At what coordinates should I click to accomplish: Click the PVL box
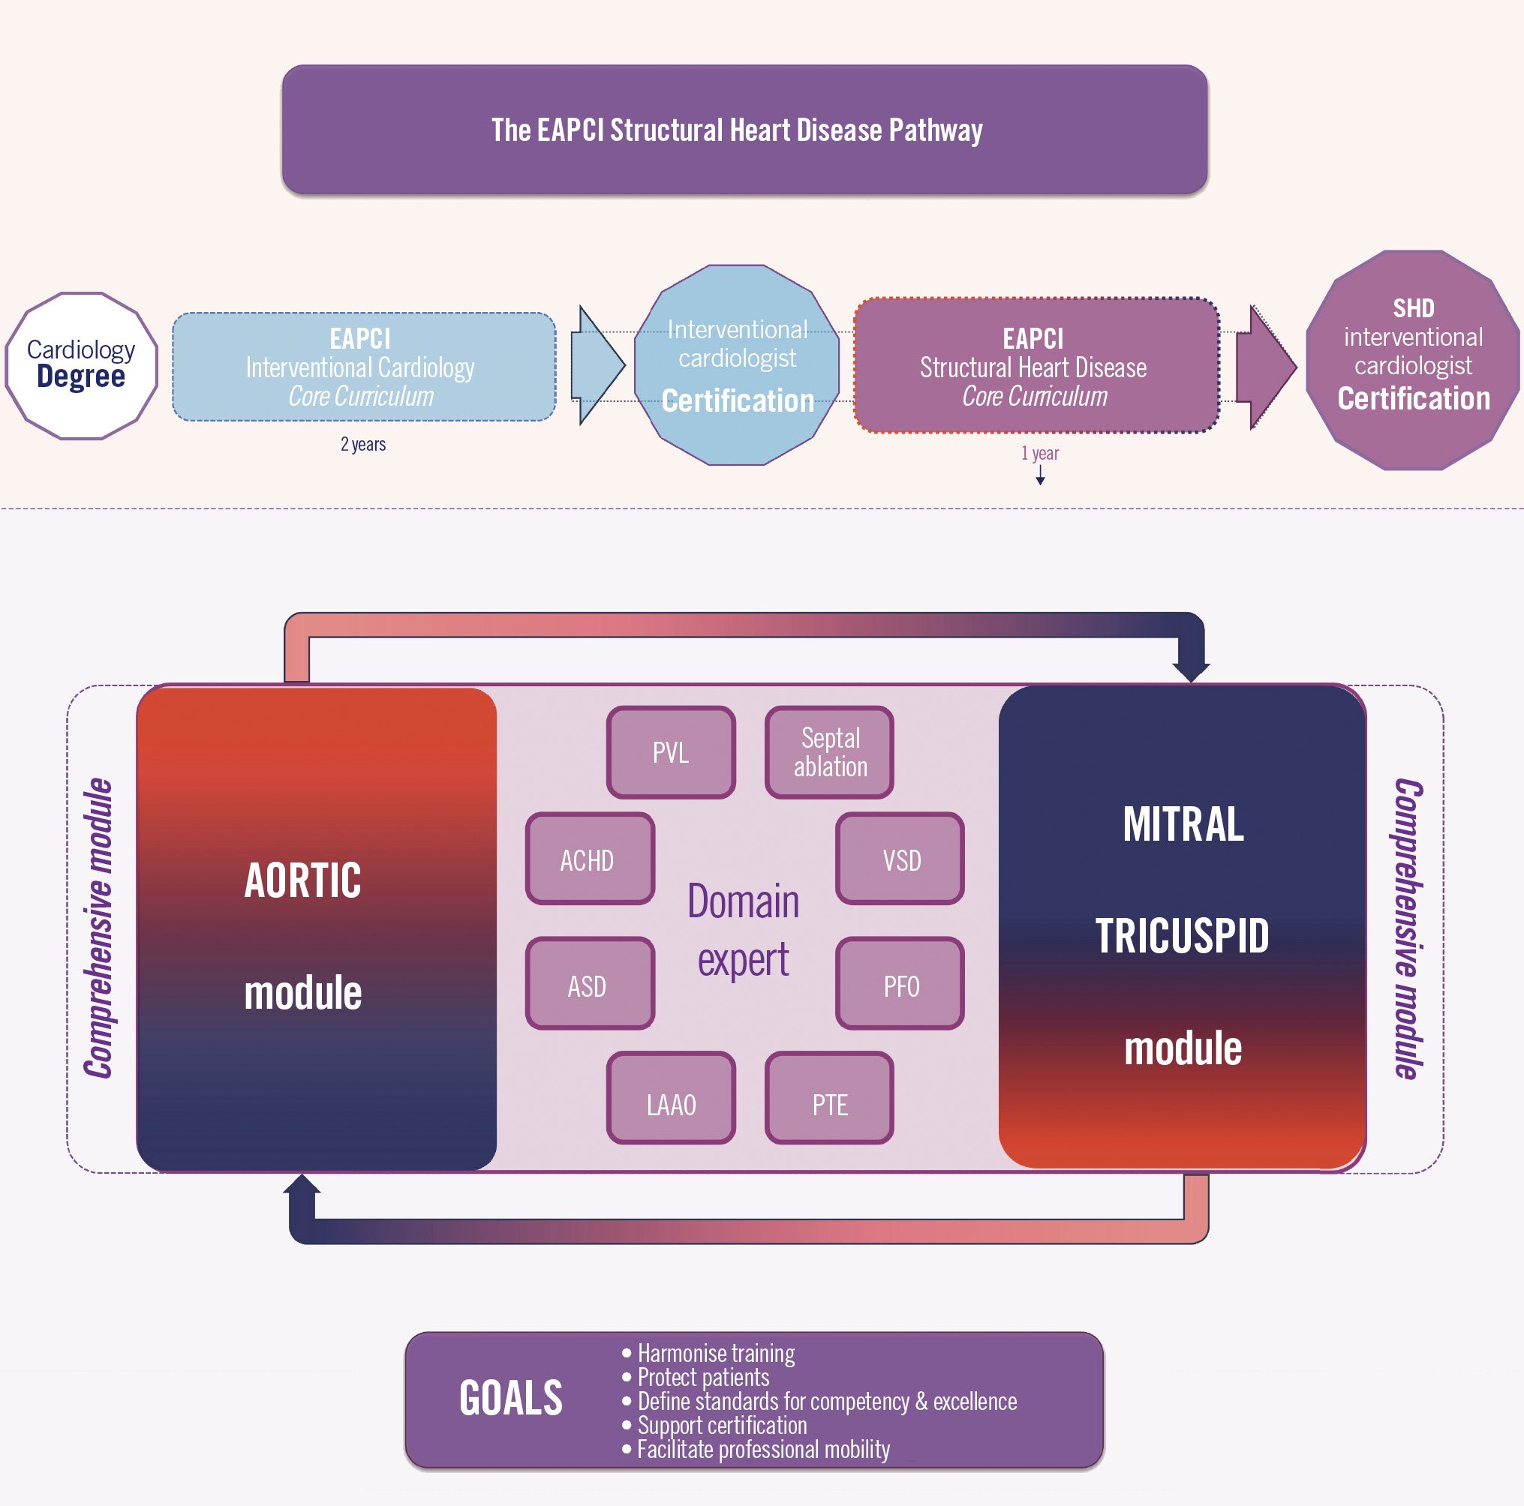[671, 752]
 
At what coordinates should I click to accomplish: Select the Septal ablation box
[829, 752]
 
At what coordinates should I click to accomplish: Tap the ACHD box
[590, 859]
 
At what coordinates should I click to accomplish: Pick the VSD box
[900, 859]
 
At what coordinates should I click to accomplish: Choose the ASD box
[590, 984]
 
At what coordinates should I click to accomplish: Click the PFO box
[900, 984]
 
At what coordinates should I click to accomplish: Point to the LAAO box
[671, 1097]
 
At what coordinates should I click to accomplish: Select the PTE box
[829, 1097]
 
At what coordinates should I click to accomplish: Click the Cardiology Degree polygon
[81, 365]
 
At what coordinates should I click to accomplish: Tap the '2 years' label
[363, 444]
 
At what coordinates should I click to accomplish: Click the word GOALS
[511, 1399]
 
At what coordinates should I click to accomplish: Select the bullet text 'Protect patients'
[703, 1378]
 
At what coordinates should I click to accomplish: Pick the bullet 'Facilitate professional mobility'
[763, 1449]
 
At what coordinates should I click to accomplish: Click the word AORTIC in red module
[303, 880]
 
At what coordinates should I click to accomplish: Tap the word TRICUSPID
[1182, 936]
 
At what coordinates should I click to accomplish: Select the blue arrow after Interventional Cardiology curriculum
[598, 365]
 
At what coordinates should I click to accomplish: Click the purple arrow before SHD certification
[1264, 367]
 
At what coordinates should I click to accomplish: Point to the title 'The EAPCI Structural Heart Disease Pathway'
[737, 130]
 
